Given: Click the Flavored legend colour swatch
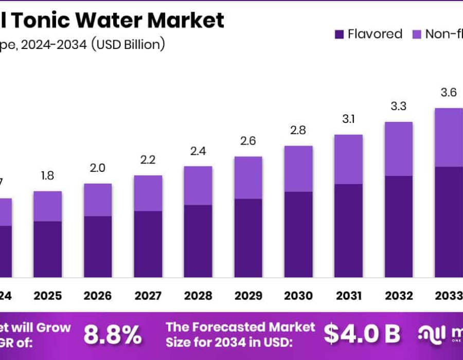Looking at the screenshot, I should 339,34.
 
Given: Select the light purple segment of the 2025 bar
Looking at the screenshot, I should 48,206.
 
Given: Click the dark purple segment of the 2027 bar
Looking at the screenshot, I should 148,244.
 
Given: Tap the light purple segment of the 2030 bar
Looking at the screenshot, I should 298,169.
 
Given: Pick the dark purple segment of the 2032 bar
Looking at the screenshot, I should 399,226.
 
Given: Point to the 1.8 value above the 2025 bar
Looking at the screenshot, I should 48,176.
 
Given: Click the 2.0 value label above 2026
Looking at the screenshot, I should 98,168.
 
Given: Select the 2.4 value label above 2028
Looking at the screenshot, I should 198,151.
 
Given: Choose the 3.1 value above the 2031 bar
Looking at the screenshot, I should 348,119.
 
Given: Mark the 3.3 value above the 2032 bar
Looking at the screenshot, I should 399,106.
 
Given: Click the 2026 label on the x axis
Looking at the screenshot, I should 98,296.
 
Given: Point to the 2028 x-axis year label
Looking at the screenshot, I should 198,296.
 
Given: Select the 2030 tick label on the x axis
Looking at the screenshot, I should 298,296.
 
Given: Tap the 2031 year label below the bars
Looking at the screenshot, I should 348,296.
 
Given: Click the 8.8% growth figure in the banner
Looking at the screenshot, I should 113,335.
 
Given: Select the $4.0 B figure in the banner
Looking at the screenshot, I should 362,335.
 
